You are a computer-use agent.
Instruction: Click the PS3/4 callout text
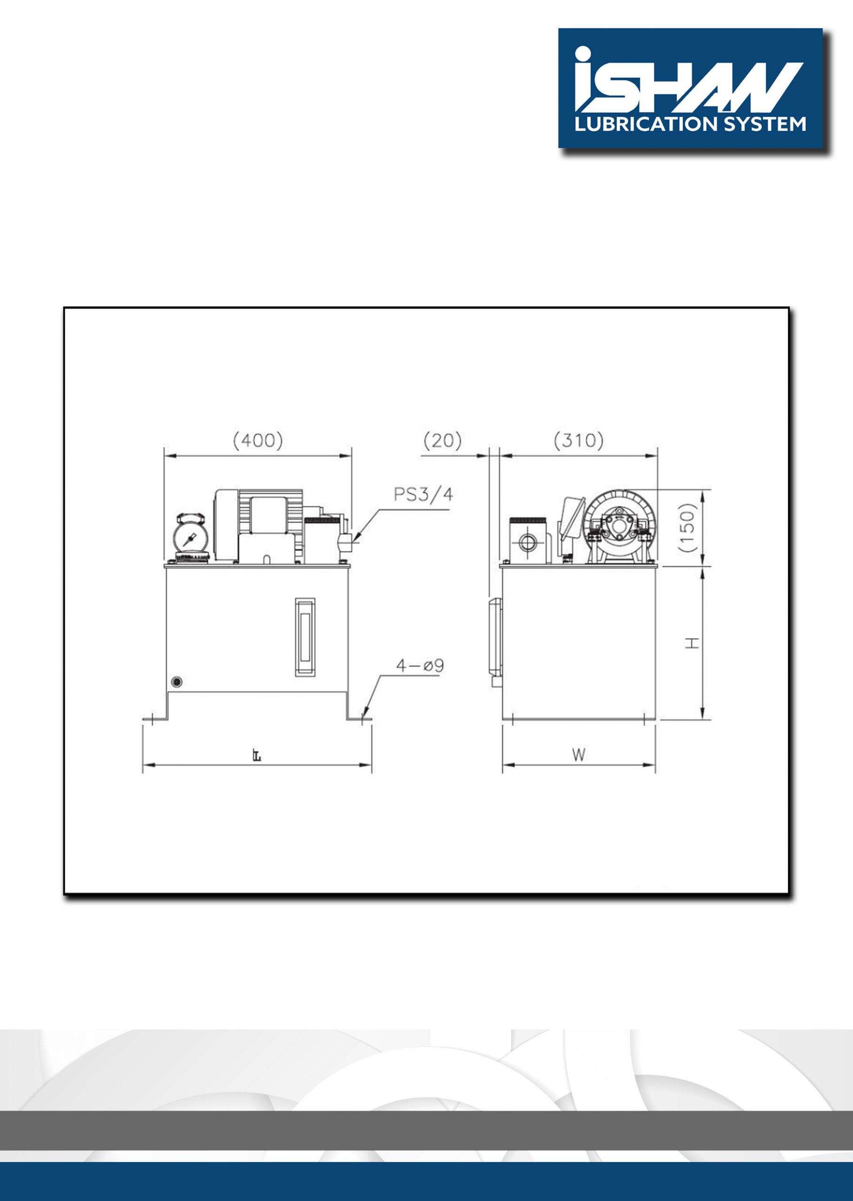pos(423,494)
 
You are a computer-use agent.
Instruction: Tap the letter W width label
pos(578,755)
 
